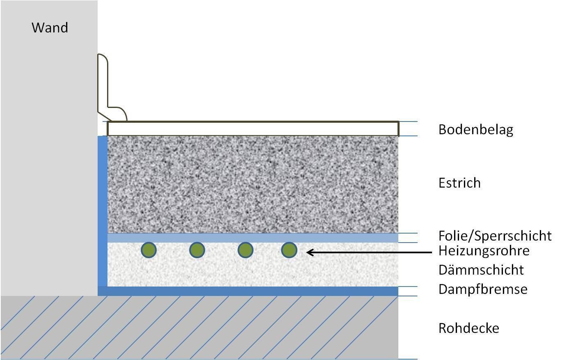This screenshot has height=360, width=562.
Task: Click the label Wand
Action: pyautogui.click(x=50, y=28)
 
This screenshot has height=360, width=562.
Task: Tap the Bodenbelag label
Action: pyautogui.click(x=475, y=130)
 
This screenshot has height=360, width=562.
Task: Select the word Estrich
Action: pyautogui.click(x=459, y=183)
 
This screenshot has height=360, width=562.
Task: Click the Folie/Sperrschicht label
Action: pyautogui.click(x=495, y=236)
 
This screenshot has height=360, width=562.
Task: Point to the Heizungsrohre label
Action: pyautogui.click(x=484, y=250)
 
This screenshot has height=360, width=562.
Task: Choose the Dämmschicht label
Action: pyautogui.click(x=481, y=270)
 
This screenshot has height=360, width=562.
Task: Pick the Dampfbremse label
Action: pyautogui.click(x=482, y=289)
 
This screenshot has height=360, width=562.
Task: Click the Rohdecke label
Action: pyautogui.click(x=468, y=328)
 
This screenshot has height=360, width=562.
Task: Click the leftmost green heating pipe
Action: pyautogui.click(x=148, y=250)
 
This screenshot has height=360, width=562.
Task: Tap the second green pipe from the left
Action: pyautogui.click(x=197, y=250)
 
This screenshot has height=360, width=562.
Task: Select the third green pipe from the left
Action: pyautogui.click(x=245, y=250)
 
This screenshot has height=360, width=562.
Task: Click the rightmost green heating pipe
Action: pyautogui.click(x=289, y=250)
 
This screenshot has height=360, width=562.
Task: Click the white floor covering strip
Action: pyautogui.click(x=253, y=128)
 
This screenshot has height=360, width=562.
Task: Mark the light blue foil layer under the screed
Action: pyautogui.click(x=253, y=238)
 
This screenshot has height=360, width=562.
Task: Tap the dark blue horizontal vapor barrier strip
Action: pyautogui.click(x=253, y=291)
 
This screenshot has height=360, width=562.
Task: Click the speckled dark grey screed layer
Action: pyautogui.click(x=253, y=185)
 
